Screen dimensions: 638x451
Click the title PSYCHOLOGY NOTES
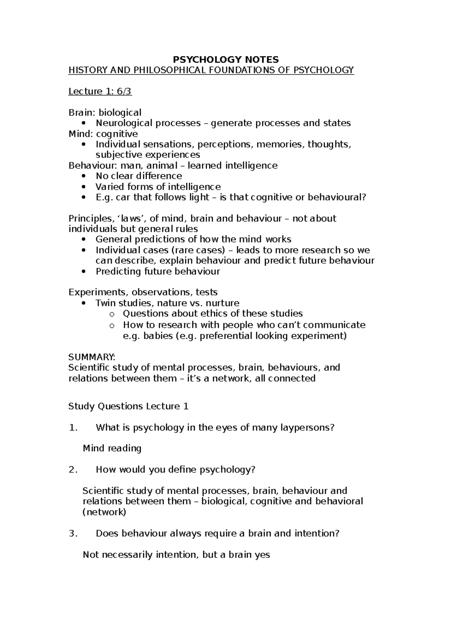(x=225, y=59)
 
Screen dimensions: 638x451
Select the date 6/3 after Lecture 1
(x=124, y=91)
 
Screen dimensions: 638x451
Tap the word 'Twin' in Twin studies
(x=106, y=303)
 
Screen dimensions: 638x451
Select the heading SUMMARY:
(x=92, y=357)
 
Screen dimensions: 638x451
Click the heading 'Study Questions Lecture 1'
(x=128, y=406)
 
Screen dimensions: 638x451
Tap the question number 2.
(x=73, y=470)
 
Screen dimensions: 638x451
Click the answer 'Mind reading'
(x=112, y=448)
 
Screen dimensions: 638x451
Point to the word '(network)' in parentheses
(x=104, y=512)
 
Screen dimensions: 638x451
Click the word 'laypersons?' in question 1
(x=307, y=427)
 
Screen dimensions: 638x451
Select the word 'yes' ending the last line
(x=262, y=555)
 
